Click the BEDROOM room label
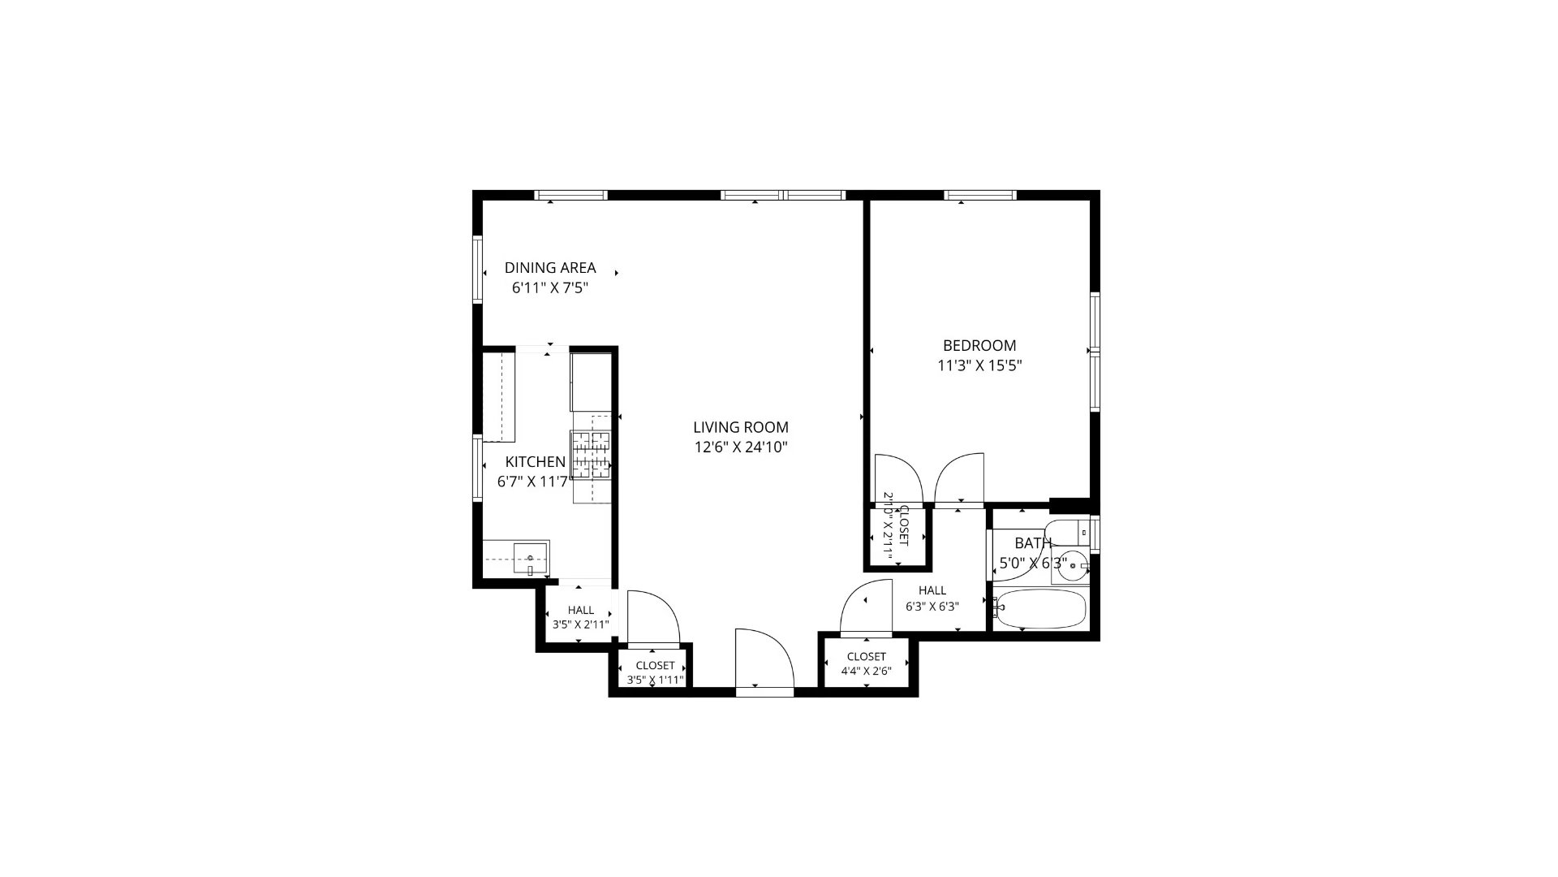pyautogui.click(x=979, y=345)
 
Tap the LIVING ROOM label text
pyautogui.click(x=741, y=427)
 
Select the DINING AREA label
pyautogui.click(x=550, y=267)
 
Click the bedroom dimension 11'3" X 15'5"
pyautogui.click(x=979, y=365)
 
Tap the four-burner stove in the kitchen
pyautogui.click(x=591, y=454)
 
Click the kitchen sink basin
pyautogui.click(x=531, y=559)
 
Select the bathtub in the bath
pyautogui.click(x=1039, y=609)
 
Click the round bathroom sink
pyautogui.click(x=1075, y=565)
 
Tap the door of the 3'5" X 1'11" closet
pyautogui.click(x=653, y=617)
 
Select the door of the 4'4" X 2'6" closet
pyautogui.click(x=867, y=605)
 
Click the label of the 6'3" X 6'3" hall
pyautogui.click(x=932, y=598)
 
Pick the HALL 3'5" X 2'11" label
pyautogui.click(x=581, y=617)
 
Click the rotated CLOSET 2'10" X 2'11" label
pyautogui.click(x=896, y=528)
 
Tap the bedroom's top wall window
pyautogui.click(x=980, y=195)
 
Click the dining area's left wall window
pyautogui.click(x=478, y=270)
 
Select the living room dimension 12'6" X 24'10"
pyautogui.click(x=741, y=447)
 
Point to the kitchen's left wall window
pyautogui.click(x=478, y=469)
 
